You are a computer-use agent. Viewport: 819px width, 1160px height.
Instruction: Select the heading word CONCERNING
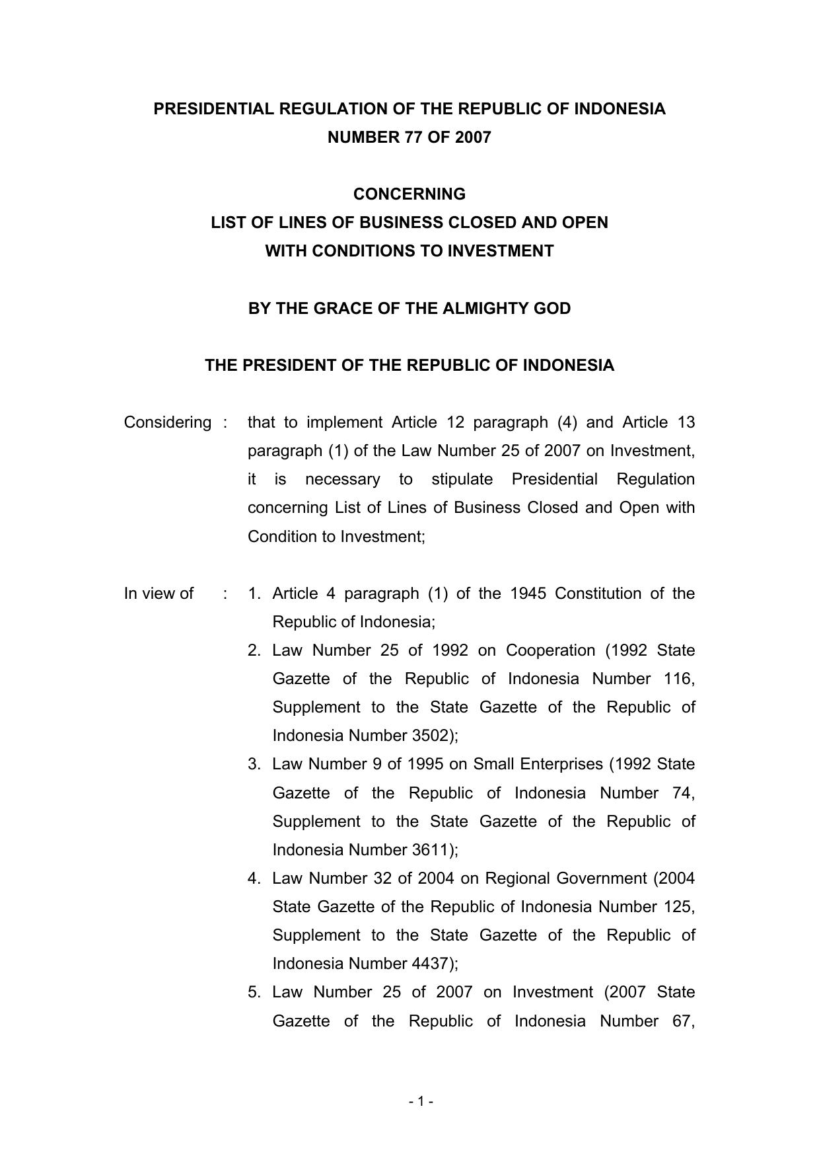coord(409,194)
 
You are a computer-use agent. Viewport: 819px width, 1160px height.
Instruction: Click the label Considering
coord(168,422)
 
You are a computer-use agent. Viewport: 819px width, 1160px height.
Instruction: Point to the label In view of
coord(159,594)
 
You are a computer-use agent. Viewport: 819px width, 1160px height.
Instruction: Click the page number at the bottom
coord(421,1101)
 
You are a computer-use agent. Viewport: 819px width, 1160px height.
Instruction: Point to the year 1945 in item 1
coord(528,594)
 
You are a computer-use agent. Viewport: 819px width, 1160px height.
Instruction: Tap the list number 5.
coord(254,992)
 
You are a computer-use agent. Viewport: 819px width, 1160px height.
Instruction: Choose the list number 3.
coord(254,764)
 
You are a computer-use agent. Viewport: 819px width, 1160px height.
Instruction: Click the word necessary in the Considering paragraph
coord(342,479)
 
